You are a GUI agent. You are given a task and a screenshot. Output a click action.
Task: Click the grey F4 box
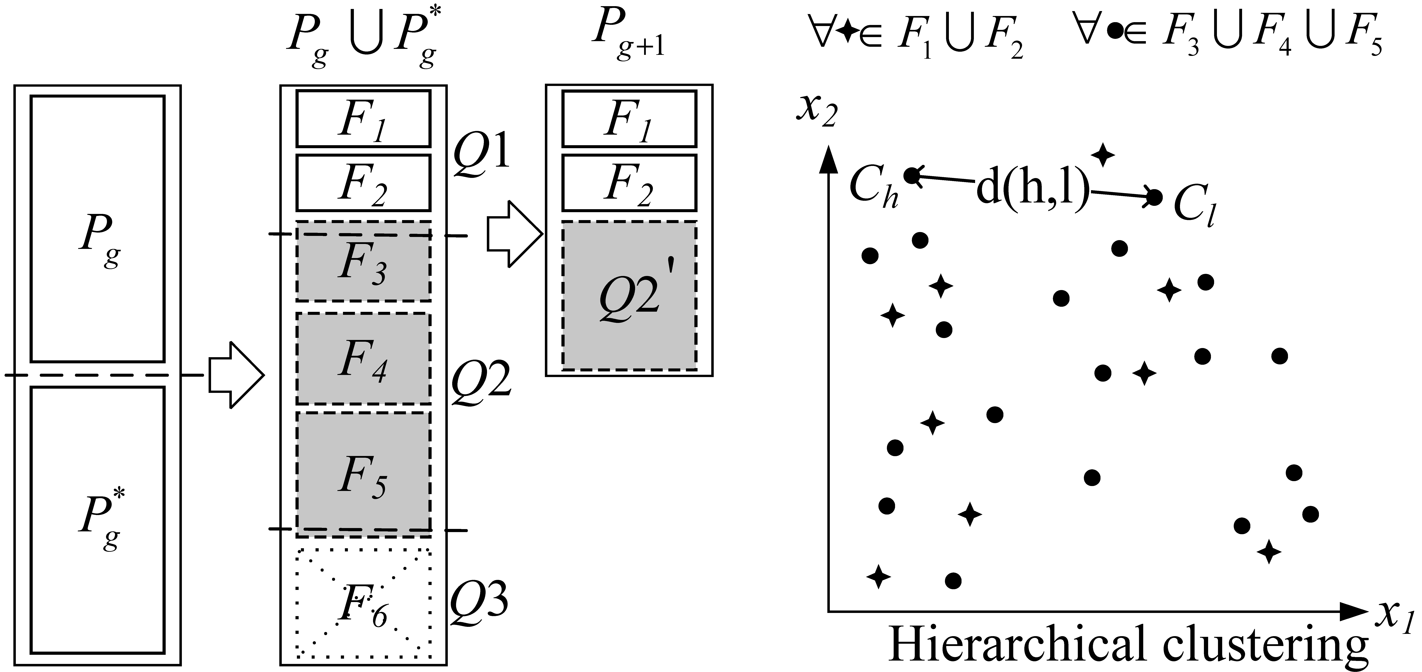pos(363,359)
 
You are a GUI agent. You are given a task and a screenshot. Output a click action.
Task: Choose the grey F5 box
pos(363,474)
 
